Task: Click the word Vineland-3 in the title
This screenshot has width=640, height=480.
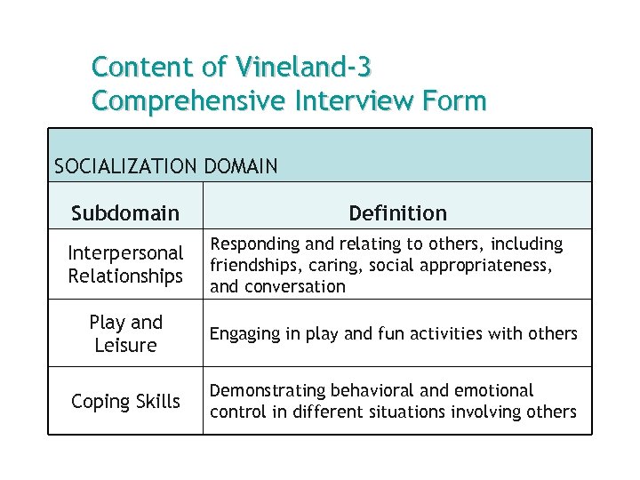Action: tap(304, 67)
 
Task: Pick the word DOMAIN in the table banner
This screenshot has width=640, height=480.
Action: tap(241, 166)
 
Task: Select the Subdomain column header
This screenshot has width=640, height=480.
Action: tap(125, 213)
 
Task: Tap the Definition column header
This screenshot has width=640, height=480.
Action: tap(397, 213)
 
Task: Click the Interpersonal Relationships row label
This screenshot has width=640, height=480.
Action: tap(125, 265)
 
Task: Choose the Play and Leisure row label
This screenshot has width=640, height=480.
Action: tap(125, 333)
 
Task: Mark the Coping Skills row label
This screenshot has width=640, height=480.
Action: tap(125, 402)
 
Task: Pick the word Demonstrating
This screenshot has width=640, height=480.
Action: tap(268, 390)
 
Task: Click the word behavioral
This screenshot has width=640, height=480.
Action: tap(373, 390)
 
